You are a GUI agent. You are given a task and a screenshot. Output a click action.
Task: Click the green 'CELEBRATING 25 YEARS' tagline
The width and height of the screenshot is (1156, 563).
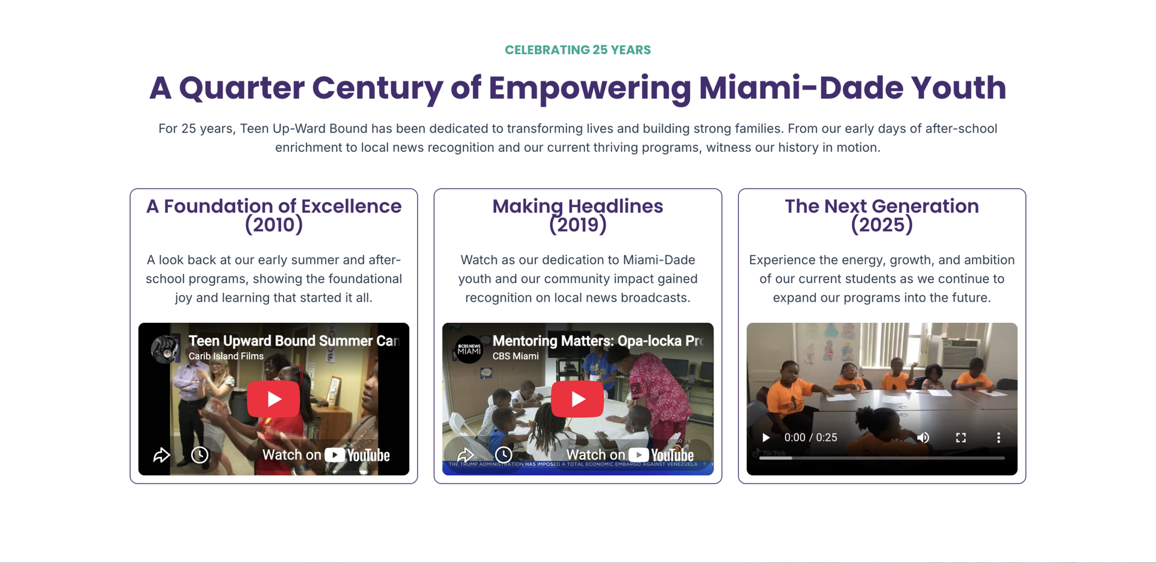click(x=577, y=50)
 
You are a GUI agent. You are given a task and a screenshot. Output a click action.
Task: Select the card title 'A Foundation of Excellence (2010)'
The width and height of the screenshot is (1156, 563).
click(x=274, y=215)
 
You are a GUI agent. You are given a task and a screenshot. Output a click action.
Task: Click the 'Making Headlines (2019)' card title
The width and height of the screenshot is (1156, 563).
click(x=577, y=215)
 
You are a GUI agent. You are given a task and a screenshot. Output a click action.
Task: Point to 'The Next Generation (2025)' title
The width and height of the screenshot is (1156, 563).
click(x=881, y=215)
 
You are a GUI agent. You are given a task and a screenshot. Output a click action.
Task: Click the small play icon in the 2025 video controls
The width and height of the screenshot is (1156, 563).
click(x=766, y=438)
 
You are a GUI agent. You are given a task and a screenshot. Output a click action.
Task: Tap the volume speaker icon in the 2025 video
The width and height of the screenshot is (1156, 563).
click(x=923, y=438)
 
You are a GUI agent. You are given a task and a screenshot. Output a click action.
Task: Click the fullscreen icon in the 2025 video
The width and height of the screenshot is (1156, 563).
click(x=961, y=438)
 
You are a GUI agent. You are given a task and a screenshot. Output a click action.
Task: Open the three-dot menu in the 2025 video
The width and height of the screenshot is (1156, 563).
click(x=998, y=438)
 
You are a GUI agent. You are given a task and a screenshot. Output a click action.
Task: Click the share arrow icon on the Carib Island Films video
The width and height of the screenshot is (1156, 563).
click(x=161, y=455)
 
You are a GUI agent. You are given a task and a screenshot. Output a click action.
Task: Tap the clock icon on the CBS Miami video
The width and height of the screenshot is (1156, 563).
click(x=504, y=455)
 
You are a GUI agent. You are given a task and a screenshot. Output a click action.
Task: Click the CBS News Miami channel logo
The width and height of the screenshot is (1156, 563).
click(x=469, y=349)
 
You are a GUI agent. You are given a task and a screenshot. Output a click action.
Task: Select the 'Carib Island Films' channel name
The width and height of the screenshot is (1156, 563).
click(x=226, y=356)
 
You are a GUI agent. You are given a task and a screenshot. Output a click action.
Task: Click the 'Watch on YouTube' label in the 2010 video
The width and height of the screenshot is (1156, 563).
click(x=326, y=455)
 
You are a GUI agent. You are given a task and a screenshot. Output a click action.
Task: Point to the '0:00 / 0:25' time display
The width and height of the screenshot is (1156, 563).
click(x=810, y=438)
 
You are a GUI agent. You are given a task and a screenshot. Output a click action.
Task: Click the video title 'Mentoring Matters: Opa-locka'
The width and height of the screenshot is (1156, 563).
click(x=597, y=341)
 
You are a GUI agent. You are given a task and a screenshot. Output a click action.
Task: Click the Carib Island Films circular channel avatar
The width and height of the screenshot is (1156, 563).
click(x=165, y=349)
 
